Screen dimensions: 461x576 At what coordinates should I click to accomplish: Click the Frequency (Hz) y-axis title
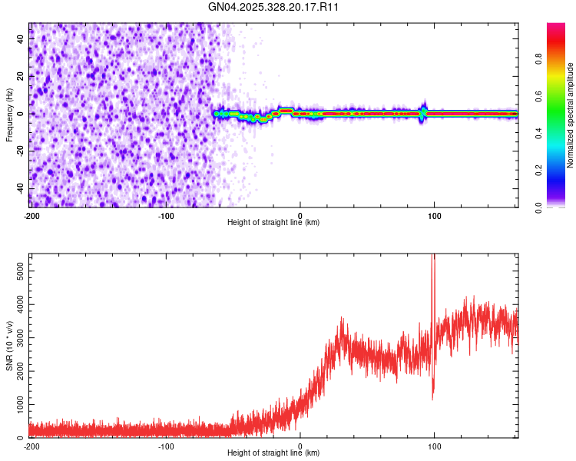pyautogui.click(x=9, y=114)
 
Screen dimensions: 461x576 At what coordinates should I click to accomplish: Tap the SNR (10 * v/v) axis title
pyautogui.click(x=9, y=345)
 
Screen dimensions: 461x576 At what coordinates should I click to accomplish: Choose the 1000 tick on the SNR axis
pyautogui.click(x=15, y=404)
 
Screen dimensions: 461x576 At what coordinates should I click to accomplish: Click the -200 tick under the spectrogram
pyautogui.click(x=31, y=214)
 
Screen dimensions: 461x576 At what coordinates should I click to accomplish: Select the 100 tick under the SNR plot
pyautogui.click(x=435, y=445)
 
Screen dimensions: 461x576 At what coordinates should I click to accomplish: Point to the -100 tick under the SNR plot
pyautogui.click(x=165, y=445)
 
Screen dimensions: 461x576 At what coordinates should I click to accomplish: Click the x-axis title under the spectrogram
pyautogui.click(x=273, y=222)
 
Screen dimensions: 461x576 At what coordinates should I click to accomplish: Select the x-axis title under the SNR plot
pyautogui.click(x=273, y=453)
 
